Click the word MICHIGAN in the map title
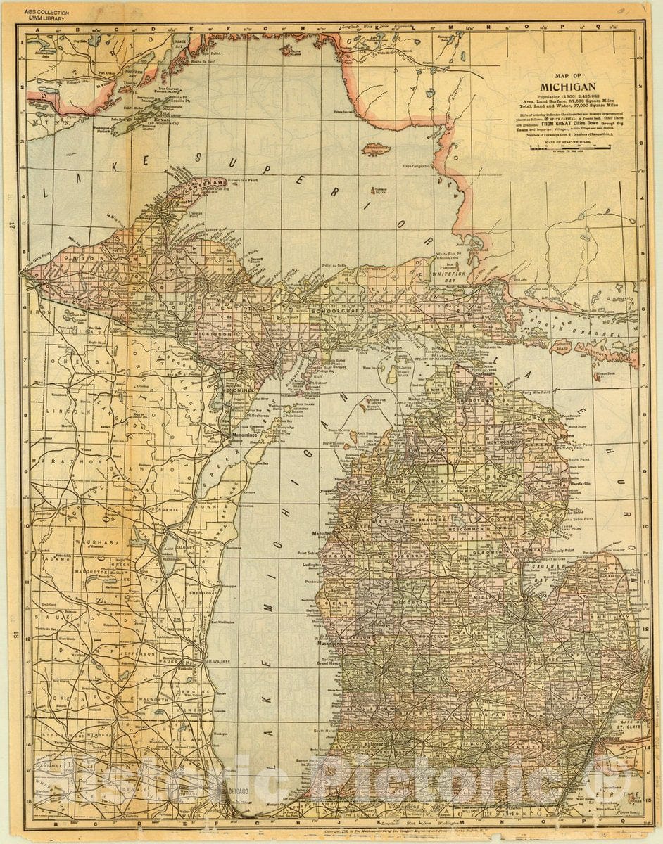click(567, 87)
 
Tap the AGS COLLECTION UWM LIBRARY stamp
click(44, 14)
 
